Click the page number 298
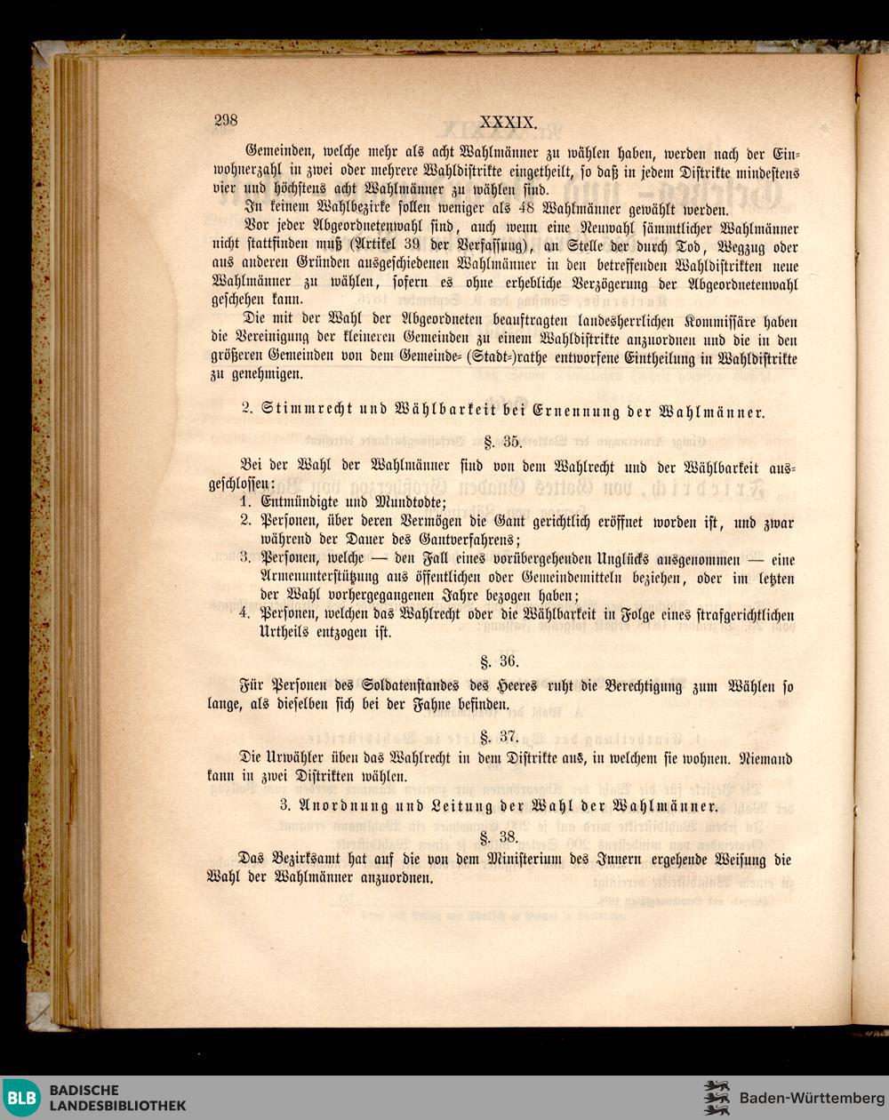click(x=226, y=122)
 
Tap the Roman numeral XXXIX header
click(x=508, y=123)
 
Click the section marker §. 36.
click(x=499, y=661)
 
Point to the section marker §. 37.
click(x=499, y=736)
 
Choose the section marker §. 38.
click(x=499, y=836)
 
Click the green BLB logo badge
click(x=21, y=1098)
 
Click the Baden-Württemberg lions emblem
click(x=717, y=1098)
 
